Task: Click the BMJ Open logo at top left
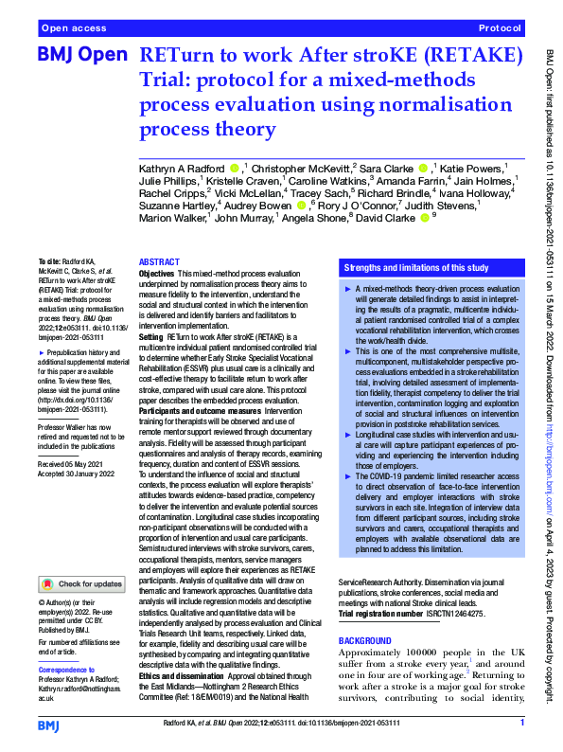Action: [x=80, y=57]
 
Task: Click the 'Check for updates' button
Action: [x=80, y=584]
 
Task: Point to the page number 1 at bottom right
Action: [x=521, y=725]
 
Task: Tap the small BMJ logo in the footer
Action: [x=48, y=725]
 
